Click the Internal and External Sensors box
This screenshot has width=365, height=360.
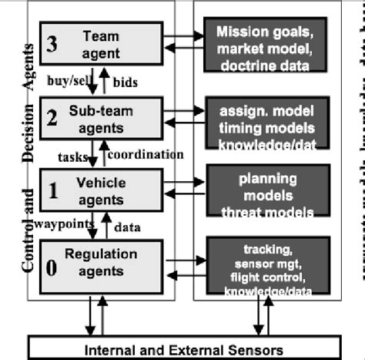pos(183,348)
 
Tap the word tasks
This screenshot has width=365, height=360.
pos(73,155)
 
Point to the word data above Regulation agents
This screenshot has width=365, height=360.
pos(126,227)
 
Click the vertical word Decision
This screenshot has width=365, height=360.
pos(29,134)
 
